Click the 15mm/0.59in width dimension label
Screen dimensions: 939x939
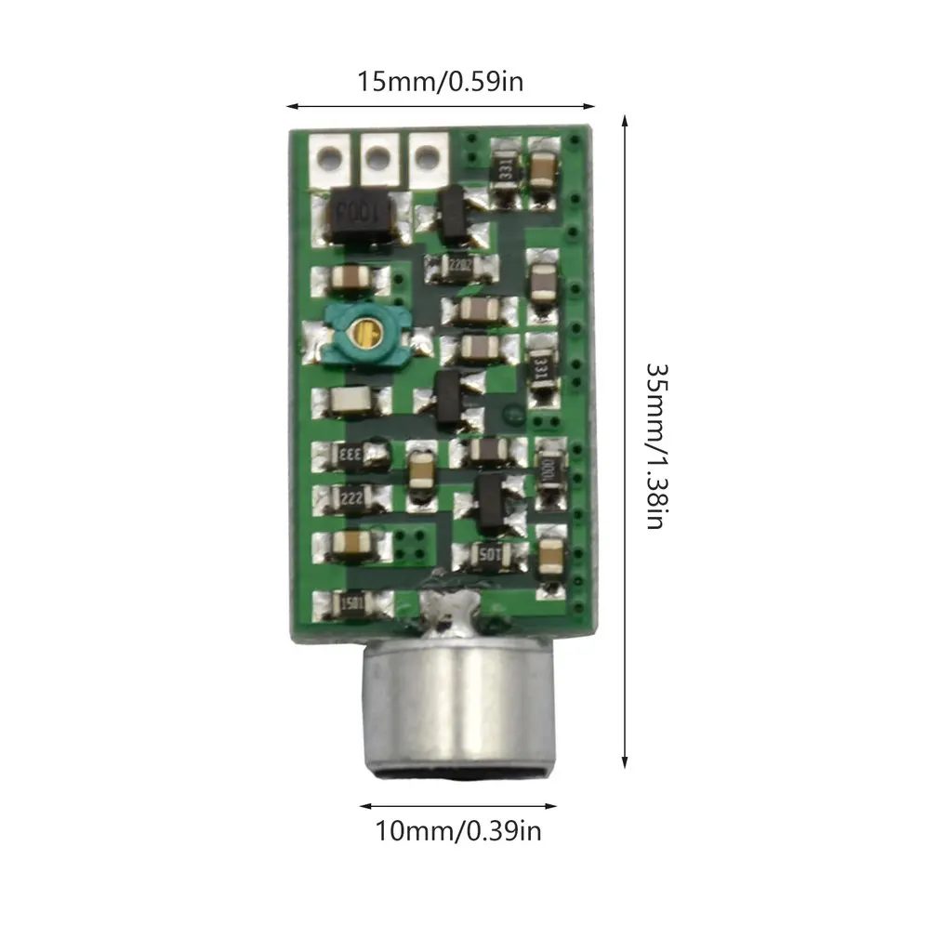pos(441,82)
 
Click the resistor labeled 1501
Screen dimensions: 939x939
pos(350,602)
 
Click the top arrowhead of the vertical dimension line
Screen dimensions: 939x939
pos(625,121)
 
